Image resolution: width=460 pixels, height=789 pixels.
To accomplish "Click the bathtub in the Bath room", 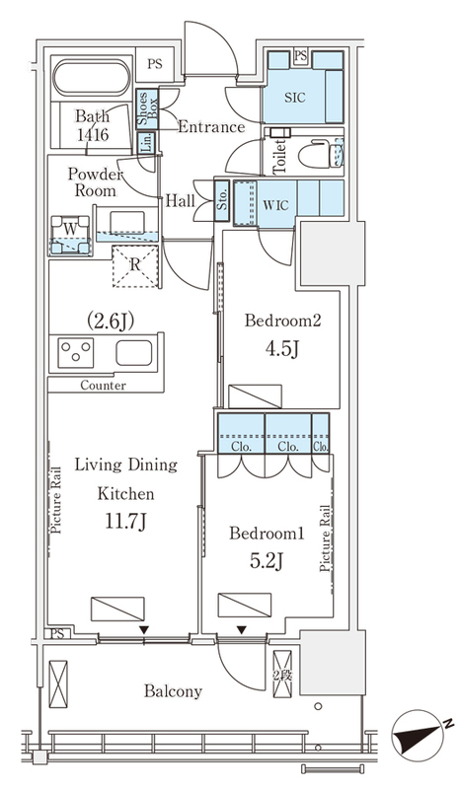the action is tap(92, 78).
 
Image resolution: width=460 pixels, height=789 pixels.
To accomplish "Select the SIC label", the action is tap(295, 97).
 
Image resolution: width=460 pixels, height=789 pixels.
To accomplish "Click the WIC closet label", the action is tap(275, 205).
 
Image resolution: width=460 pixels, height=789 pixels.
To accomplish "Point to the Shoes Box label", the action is tap(148, 108).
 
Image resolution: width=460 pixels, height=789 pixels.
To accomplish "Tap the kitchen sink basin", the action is tap(133, 353).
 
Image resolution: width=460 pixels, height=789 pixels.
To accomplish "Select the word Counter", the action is tap(103, 386).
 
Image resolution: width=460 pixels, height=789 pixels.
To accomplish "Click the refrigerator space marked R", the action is tap(135, 265).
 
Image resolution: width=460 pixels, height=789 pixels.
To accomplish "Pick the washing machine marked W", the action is tap(70, 235).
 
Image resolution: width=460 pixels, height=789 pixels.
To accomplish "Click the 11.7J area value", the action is tap(125, 522).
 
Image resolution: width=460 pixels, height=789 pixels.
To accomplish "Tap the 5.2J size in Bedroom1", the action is tap(267, 560).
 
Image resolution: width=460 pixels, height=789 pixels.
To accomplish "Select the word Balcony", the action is tap(173, 691).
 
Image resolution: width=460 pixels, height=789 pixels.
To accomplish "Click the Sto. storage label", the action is tap(222, 200).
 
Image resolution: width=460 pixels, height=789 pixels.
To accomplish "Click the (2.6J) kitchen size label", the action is tap(111, 320).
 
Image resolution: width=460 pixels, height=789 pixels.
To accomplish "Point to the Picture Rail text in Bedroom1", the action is tap(326, 538).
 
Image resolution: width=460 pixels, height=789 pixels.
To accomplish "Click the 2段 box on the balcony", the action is tap(282, 675).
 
